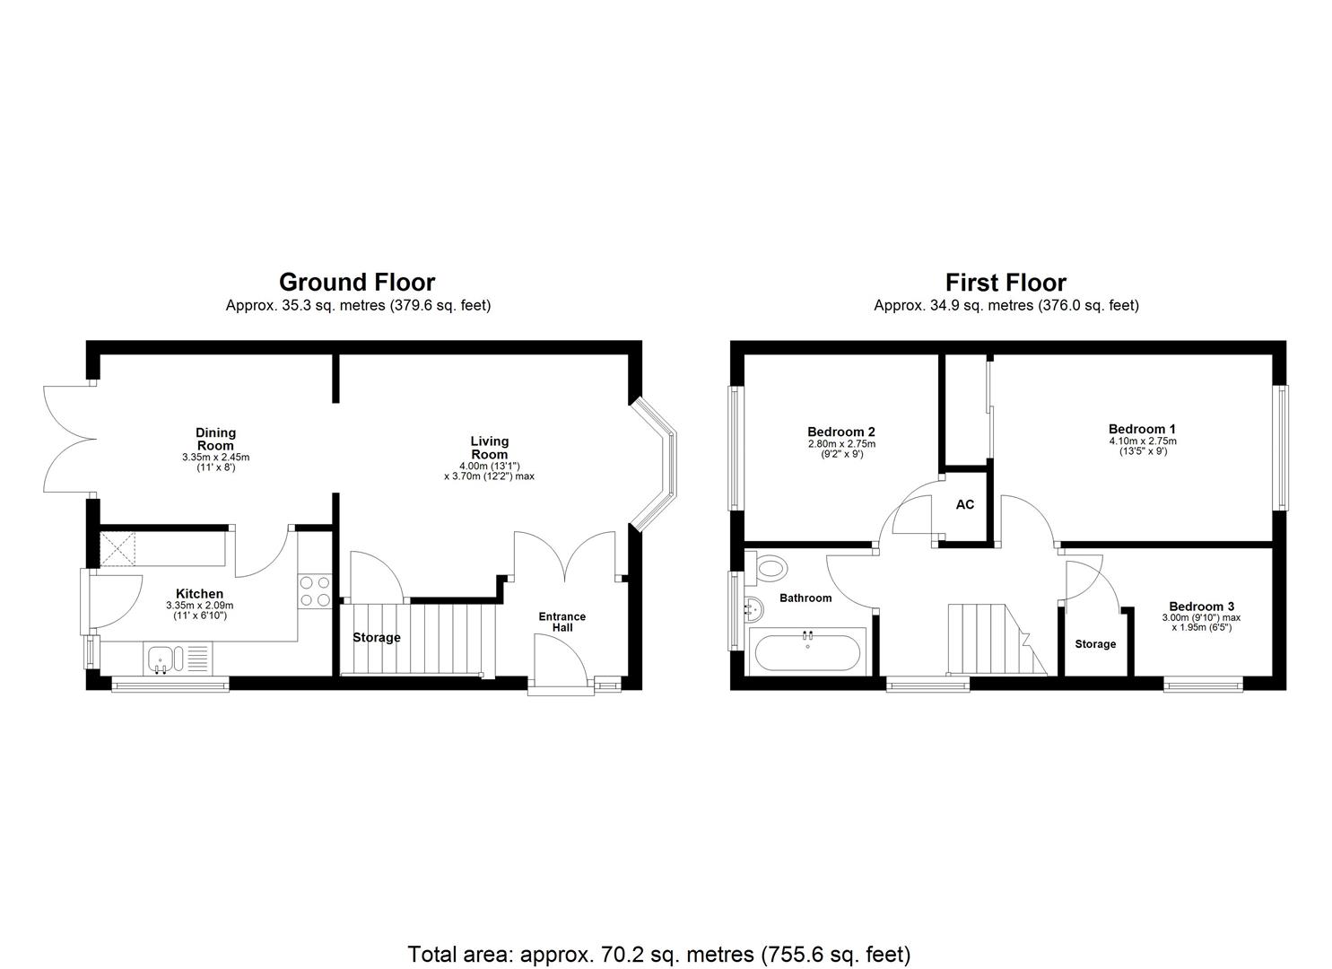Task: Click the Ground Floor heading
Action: pos(357,283)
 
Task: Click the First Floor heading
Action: pos(1006,283)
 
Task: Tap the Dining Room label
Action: pos(215,440)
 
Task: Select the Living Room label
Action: pos(489,447)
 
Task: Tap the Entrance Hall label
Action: pos(562,622)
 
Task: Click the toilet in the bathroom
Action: pos(770,567)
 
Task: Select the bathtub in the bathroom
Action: pos(808,652)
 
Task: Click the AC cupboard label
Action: pos(964,505)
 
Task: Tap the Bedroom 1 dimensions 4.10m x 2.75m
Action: pos(1142,441)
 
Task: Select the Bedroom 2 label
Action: pos(840,432)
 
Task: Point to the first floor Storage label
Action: pos(1095,644)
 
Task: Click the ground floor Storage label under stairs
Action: pos(376,638)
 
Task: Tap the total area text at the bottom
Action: pos(658,953)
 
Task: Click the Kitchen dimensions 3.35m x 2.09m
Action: pos(199,606)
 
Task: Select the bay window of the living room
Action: pos(659,465)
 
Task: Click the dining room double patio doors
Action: pos(70,440)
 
